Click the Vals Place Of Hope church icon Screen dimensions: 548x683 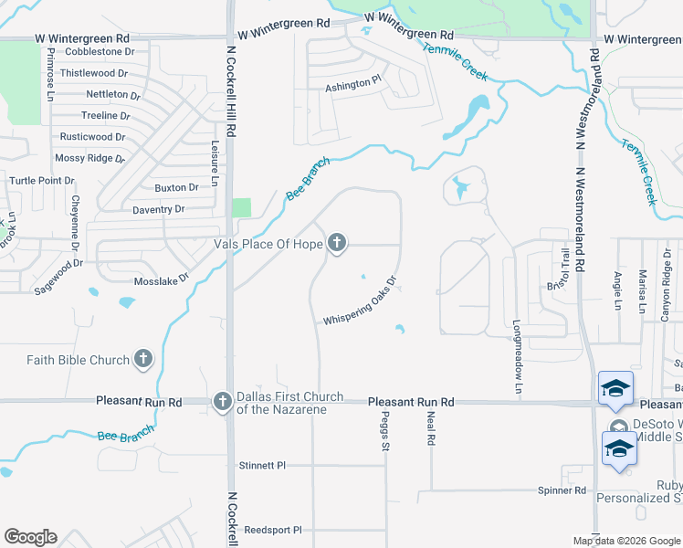point(337,243)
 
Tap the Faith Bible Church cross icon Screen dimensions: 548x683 point(142,360)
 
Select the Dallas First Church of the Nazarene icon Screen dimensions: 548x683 point(222,401)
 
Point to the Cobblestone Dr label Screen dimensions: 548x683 point(93,52)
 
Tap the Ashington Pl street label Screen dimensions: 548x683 point(352,84)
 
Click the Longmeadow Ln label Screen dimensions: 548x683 point(517,356)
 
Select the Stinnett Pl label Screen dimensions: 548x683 point(261,465)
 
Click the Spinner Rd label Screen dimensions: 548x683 point(562,490)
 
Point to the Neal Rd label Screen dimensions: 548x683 point(430,427)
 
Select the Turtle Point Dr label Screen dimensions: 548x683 point(42,180)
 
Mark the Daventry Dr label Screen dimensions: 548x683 point(159,209)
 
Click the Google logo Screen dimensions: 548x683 point(30,537)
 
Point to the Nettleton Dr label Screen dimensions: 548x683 point(113,94)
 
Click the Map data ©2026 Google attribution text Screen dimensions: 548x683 point(626,541)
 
